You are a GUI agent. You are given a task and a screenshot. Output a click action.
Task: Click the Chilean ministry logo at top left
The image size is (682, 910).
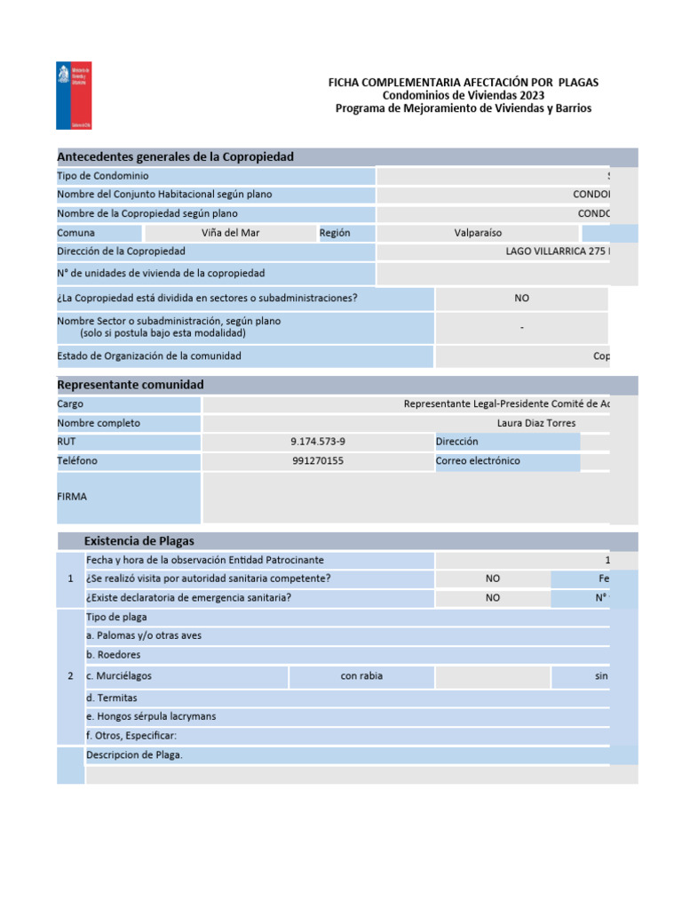(x=72, y=96)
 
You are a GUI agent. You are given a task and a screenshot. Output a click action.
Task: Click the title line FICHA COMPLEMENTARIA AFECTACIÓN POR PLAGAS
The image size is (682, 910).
(x=464, y=83)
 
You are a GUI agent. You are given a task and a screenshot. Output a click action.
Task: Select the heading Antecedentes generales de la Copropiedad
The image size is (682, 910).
(x=175, y=157)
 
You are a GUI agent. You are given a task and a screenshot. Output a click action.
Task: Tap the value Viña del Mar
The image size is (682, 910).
(x=231, y=233)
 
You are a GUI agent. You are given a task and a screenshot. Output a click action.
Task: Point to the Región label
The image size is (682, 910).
(x=335, y=233)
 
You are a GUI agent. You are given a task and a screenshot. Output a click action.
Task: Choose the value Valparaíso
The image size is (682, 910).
(x=478, y=233)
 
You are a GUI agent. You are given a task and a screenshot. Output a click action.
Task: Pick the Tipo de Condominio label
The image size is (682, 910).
(x=103, y=176)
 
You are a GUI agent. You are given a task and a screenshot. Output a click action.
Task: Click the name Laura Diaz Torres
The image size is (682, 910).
(x=536, y=423)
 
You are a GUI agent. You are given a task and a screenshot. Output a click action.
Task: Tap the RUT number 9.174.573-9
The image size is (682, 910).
(x=318, y=442)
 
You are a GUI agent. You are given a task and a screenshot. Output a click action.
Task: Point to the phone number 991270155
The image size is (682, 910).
(x=318, y=461)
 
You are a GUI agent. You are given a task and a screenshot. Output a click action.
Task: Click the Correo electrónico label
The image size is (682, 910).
(x=478, y=461)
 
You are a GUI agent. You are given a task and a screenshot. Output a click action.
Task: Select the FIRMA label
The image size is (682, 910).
(x=72, y=497)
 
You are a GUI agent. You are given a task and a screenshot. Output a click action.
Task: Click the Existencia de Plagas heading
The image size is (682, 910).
(x=139, y=541)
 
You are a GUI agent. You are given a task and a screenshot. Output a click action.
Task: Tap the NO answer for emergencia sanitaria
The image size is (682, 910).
(x=493, y=598)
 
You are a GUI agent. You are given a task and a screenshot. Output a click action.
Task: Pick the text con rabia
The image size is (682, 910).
(x=361, y=676)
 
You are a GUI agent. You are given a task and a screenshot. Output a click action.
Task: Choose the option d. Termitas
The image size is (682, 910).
(x=112, y=698)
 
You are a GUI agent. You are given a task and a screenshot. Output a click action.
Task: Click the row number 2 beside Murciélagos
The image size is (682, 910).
(x=70, y=676)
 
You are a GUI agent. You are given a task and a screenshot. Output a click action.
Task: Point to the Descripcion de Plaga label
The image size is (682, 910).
(x=134, y=755)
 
